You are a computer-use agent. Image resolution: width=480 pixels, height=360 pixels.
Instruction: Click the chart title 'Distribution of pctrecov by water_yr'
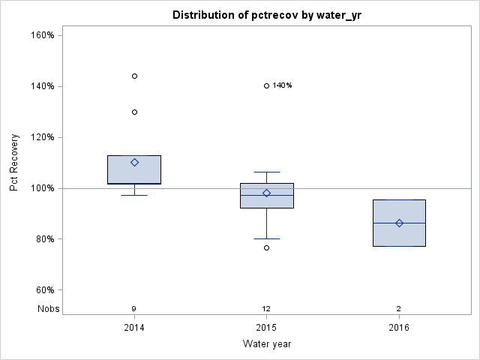pos(266,15)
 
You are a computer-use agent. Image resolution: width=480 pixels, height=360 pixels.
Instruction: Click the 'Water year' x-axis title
pos(266,344)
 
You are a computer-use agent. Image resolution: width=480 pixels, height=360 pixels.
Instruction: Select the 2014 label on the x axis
pos(134,328)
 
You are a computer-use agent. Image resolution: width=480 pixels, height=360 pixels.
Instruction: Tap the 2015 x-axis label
pos(266,328)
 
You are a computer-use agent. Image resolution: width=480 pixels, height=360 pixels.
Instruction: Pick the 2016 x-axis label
pos(399,328)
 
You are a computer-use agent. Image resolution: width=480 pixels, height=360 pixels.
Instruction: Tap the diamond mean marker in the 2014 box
pos(134,162)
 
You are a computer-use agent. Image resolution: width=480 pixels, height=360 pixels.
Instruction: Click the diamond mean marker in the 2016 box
pos(399,223)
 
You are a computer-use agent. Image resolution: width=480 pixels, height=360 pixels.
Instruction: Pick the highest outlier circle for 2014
pos(134,76)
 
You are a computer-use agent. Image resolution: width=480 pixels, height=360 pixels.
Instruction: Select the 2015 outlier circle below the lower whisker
pos(266,247)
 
